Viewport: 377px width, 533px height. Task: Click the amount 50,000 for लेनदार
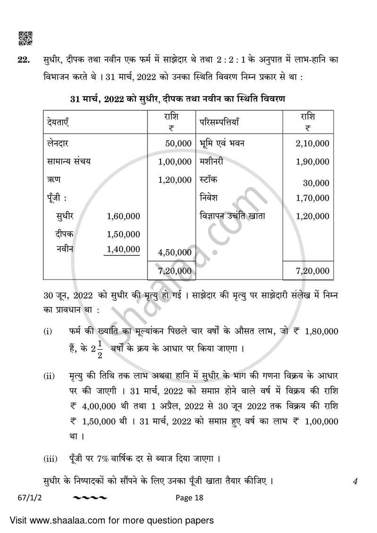coord(178,143)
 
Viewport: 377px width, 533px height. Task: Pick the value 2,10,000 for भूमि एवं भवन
coord(312,143)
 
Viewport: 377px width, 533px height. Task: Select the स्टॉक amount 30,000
coord(316,183)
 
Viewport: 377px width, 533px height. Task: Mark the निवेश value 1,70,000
coord(312,198)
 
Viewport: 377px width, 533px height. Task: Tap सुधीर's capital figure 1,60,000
coord(123,216)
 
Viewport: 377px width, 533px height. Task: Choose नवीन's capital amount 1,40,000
coord(123,249)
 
